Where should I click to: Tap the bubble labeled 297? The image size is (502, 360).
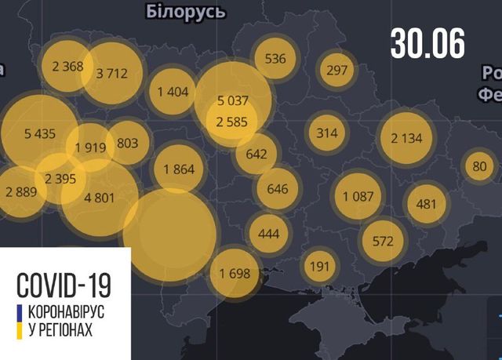(336, 71)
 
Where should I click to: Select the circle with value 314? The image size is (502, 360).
(327, 133)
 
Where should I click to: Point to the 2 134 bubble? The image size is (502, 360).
(405, 138)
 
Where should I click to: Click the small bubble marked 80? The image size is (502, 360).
(480, 165)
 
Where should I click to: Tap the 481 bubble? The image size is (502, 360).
(427, 204)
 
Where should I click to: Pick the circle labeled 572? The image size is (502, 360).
(383, 241)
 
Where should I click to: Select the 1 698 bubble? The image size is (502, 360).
(233, 274)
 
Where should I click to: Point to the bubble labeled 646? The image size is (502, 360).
(278, 189)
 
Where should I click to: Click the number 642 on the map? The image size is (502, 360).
(256, 154)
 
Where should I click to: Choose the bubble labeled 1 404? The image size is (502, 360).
(173, 92)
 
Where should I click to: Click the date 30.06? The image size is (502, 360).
(427, 43)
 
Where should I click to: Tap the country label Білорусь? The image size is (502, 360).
(186, 12)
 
